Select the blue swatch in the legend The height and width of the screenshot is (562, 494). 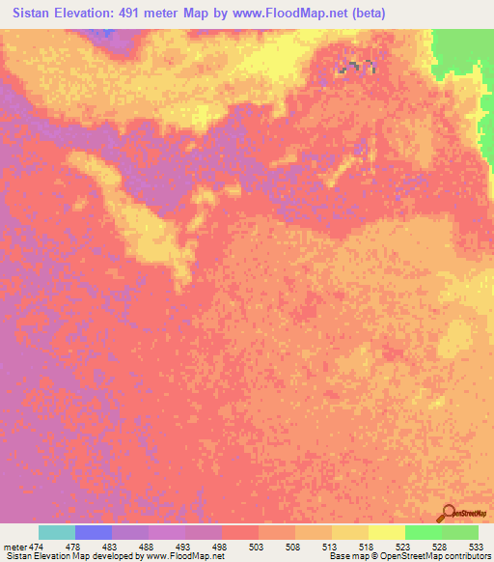point(94,532)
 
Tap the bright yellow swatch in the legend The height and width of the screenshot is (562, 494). point(387,532)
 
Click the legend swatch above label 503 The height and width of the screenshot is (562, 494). point(240,532)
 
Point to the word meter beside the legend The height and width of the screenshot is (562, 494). point(14,548)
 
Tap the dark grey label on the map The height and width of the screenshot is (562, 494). point(358,66)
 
